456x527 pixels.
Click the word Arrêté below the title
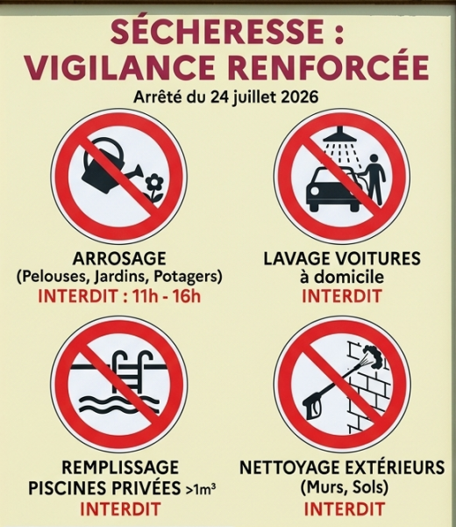pyautogui.click(x=158, y=97)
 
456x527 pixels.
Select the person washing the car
pyautogui.click(x=373, y=180)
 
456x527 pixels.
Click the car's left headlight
pyautogui.click(x=315, y=191)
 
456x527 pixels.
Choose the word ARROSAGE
pyautogui.click(x=119, y=259)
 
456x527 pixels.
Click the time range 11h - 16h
pyautogui.click(x=167, y=296)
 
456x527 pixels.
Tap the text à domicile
pyautogui.click(x=342, y=277)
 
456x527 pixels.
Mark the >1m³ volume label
pyautogui.click(x=200, y=488)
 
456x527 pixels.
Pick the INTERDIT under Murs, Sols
pyautogui.click(x=345, y=509)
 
